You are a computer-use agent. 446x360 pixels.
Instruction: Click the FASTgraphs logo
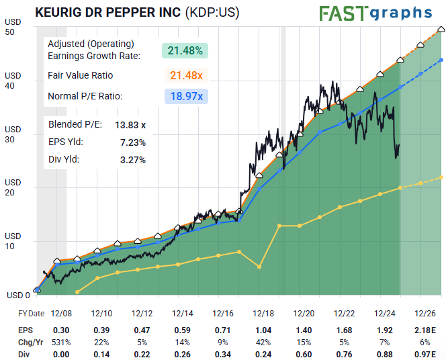[x=375, y=13]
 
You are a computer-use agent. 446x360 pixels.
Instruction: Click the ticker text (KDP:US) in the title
[x=212, y=12]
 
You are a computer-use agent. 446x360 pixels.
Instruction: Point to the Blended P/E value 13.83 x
[x=130, y=125]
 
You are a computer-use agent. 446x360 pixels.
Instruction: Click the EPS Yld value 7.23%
[x=132, y=142]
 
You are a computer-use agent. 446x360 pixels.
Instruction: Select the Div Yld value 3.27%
[x=132, y=160]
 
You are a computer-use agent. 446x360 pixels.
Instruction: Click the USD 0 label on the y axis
[x=17, y=295]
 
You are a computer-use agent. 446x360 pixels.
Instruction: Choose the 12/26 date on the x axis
[x=425, y=314]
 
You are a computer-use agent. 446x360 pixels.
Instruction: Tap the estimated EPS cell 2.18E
[x=425, y=330]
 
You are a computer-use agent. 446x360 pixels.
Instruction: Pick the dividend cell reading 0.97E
[x=425, y=354]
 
